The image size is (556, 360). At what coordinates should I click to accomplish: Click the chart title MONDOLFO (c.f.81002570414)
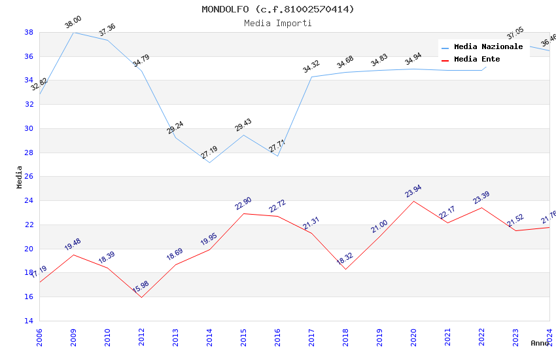pos(278,9)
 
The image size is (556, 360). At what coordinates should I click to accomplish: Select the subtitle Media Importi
pos(278,23)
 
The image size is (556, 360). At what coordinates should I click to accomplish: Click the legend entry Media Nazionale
pos(488,47)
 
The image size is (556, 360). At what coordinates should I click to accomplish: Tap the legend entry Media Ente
pos(477,59)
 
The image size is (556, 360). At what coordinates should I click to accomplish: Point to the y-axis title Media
pos(20,177)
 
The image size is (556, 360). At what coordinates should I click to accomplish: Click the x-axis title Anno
pos(540,343)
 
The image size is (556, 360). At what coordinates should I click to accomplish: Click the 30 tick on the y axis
pos(29,128)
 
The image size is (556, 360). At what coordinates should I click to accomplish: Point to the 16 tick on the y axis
pos(29,297)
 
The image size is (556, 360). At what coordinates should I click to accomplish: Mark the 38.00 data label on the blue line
pos(73,25)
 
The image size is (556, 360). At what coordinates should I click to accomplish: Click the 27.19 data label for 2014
pos(209,153)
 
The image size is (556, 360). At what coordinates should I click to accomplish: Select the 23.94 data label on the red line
pos(413,191)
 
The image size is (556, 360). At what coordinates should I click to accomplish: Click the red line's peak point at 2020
pos(413,201)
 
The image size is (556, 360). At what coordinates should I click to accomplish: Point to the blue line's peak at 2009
pos(73,32)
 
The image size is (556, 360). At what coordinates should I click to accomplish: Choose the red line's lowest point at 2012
pos(141,297)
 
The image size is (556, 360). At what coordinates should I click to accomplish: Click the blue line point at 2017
pos(311,77)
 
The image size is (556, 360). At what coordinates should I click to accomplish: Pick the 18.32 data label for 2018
pos(345,259)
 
